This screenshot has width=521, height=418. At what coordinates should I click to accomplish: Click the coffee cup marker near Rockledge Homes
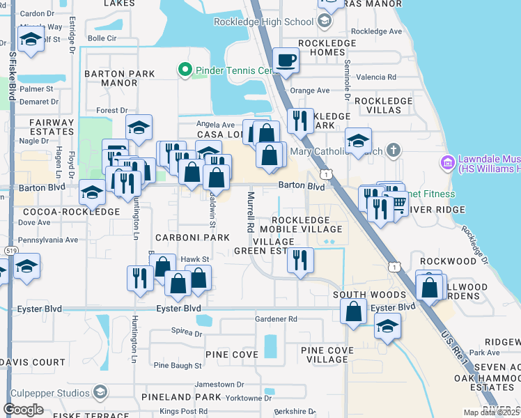[286, 61]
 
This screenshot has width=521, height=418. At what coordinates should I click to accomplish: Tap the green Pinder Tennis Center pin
[185, 70]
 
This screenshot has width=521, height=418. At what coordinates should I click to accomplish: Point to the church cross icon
[394, 150]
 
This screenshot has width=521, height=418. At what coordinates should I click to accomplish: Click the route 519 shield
[10, 250]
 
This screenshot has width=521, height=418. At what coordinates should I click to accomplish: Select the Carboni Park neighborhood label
[192, 238]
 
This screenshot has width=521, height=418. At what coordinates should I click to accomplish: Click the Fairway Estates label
[52, 127]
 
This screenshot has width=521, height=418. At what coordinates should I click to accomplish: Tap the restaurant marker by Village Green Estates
[300, 261]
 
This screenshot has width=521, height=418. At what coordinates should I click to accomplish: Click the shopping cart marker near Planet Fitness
[397, 203]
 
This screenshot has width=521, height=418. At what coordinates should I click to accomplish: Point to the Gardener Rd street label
[276, 319]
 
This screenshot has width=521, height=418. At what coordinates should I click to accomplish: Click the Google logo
[23, 410]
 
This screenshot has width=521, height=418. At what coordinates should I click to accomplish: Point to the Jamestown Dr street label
[219, 384]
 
